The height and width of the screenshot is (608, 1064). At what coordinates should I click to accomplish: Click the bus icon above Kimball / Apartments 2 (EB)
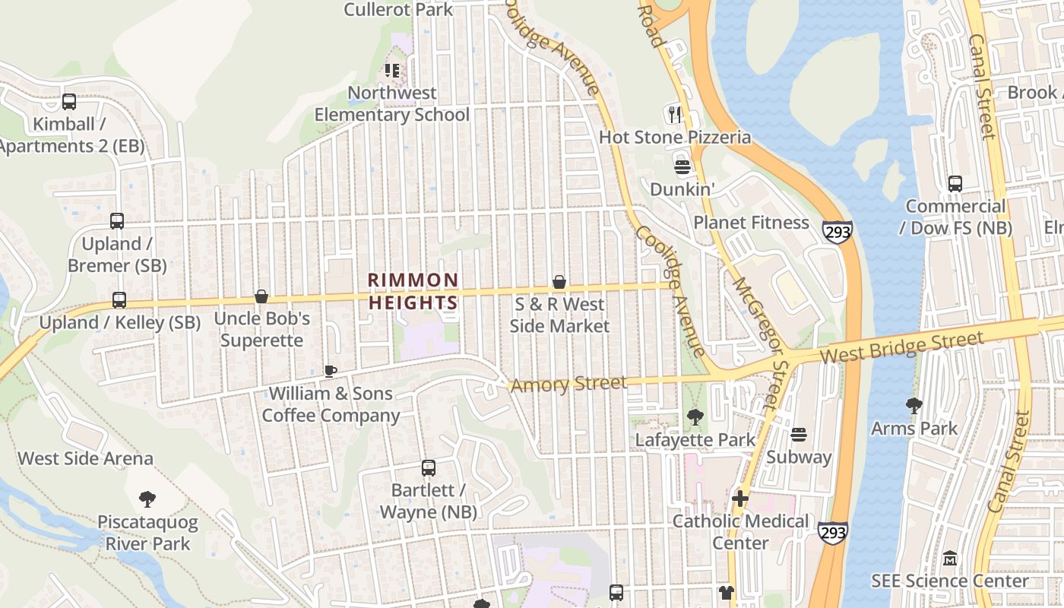point(69,102)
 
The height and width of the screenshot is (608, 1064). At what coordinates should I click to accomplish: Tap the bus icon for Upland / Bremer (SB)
point(117,221)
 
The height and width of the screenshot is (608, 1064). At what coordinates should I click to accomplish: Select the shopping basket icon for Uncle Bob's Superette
point(261,296)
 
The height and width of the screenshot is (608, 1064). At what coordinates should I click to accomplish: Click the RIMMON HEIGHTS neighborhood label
point(413,291)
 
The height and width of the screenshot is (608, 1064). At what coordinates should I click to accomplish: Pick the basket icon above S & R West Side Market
point(559,282)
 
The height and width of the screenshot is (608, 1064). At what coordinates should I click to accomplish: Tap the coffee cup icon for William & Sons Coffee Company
point(330,371)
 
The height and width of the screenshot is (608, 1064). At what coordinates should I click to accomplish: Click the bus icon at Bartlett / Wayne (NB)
point(429,468)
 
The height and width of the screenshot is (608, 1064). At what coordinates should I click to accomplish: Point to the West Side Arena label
point(85,458)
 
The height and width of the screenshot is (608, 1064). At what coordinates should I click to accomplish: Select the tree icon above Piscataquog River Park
point(147,499)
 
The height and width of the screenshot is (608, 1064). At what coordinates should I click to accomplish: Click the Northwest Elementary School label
point(392,104)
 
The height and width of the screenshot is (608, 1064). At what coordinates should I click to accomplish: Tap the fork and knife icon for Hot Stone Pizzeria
point(675,114)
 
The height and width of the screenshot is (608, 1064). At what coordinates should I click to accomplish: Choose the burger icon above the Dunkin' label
point(682,166)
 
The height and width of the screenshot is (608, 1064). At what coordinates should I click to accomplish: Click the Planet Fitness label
point(751,223)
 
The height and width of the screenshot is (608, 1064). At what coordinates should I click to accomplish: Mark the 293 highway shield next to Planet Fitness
point(837,231)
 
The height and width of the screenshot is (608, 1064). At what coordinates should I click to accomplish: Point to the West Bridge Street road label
point(902,348)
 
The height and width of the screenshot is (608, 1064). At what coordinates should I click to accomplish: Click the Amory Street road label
point(569,385)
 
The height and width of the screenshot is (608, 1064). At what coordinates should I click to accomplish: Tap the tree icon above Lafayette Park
point(695,416)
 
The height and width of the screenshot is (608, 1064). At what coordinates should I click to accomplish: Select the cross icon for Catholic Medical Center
point(740,499)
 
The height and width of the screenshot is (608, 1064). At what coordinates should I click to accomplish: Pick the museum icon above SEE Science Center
point(950,559)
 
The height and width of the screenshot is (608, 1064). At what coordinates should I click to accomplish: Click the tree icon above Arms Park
point(914,405)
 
